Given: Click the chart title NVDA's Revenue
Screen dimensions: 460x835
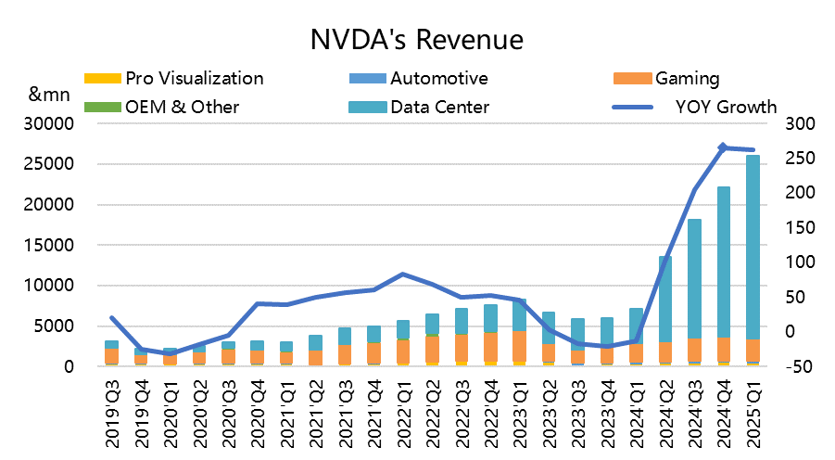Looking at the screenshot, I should tap(417, 40).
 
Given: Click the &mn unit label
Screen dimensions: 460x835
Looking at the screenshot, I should tap(46, 95).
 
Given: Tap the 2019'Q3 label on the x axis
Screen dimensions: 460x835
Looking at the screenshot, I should tap(112, 409).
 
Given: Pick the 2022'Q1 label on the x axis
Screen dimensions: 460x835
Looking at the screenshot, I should tap(403, 409).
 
